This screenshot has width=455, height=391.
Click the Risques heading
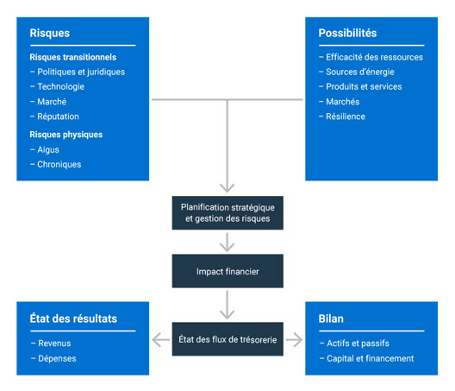(50, 33)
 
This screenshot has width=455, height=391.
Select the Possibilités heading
(347, 33)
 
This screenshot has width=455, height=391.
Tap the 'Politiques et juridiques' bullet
(78, 73)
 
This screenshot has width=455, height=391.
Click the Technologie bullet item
(57, 86)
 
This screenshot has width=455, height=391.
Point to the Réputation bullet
(54, 117)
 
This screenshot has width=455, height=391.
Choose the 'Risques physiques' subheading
(66, 135)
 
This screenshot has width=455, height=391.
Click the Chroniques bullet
(56, 165)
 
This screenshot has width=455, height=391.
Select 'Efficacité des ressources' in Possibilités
(371, 57)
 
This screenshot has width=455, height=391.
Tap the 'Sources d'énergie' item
(357, 73)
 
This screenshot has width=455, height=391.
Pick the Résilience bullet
(342, 117)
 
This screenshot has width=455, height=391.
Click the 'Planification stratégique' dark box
(227, 213)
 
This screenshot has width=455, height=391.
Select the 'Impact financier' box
(227, 271)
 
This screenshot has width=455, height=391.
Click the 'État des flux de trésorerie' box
(227, 339)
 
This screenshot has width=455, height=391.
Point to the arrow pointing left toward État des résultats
(161, 340)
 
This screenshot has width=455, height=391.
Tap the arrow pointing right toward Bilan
(294, 340)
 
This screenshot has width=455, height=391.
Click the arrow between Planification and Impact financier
(227, 243)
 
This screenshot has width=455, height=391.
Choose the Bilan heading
(331, 318)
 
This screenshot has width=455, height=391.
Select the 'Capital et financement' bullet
(366, 358)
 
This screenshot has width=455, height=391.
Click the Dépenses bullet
(53, 358)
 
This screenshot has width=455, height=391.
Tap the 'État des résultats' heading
(73, 318)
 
